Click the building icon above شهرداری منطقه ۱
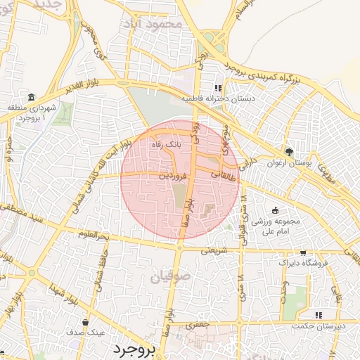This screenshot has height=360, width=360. [32, 97]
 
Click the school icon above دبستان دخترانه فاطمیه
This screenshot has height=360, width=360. [218, 89]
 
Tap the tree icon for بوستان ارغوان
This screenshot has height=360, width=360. [288, 152]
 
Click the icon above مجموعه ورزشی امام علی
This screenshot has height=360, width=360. [275, 210]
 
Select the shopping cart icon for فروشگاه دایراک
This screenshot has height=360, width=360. [303, 252]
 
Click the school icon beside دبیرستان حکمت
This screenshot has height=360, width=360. [318, 315]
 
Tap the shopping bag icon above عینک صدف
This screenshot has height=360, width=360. [86, 322]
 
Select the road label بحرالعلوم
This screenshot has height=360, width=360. [93, 236]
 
